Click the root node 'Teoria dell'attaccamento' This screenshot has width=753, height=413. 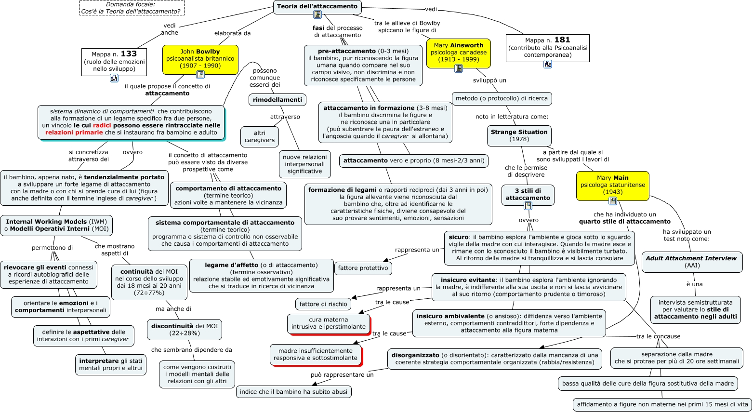317,6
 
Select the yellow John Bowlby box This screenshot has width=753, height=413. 200,58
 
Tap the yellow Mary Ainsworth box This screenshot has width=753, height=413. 458,52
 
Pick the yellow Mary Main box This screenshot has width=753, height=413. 612,185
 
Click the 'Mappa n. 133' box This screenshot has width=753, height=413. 114,61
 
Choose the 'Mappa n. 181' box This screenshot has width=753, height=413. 548,47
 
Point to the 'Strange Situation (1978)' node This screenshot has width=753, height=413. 519,135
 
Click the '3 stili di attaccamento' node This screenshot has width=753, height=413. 528,194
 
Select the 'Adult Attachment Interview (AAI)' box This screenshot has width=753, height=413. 691,262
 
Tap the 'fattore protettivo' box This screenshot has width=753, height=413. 363,268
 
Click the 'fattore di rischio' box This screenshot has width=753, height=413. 323,304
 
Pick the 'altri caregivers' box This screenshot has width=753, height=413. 260,136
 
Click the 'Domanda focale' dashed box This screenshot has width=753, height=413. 132,8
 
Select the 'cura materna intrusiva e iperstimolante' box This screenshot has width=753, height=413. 329,323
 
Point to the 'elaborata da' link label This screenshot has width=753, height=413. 232,33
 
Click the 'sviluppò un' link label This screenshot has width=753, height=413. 489,80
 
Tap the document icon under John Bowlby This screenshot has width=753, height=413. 200,74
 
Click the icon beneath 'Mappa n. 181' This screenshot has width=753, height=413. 548,64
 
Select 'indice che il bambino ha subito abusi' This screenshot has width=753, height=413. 293,392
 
